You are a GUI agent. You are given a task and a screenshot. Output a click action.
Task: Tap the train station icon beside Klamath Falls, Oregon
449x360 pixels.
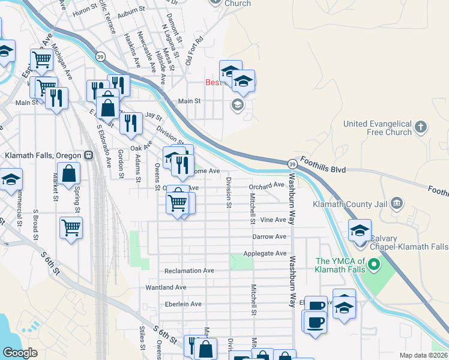(x=88, y=155)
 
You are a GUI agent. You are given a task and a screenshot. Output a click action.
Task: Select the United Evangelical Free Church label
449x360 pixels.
(x=378, y=128)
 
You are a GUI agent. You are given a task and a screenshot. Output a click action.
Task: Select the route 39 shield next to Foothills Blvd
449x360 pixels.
(x=292, y=164)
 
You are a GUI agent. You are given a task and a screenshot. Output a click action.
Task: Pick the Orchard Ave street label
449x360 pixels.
(x=267, y=185)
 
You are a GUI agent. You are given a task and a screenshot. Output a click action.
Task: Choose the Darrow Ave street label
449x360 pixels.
(x=269, y=237)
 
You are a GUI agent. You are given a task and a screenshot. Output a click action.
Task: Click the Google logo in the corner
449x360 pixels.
(x=20, y=353)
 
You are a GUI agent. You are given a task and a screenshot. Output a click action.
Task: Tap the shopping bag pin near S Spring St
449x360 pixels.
(x=70, y=173)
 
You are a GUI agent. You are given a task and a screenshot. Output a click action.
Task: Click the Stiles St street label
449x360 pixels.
(x=142, y=338)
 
